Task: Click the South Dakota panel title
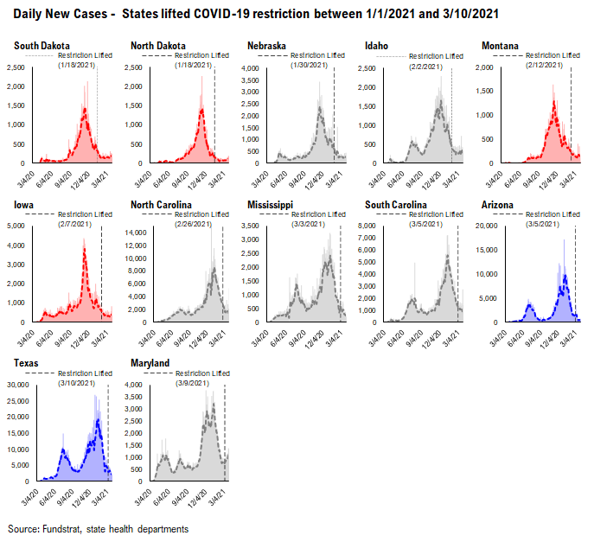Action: point(42,45)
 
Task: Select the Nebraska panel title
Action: point(265,45)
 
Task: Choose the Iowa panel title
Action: point(23,205)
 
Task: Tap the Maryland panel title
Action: point(150,363)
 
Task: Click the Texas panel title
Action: point(26,363)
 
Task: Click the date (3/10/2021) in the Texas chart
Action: point(80,383)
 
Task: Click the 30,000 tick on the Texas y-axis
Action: point(18,385)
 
